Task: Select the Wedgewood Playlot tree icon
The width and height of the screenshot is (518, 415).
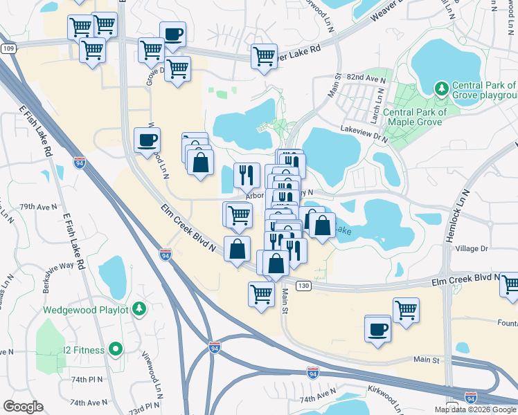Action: tap(140, 308)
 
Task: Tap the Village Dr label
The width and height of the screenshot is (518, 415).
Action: tap(472, 248)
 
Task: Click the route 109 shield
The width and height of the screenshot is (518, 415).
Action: tap(8, 48)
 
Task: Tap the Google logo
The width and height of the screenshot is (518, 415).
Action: tap(24, 407)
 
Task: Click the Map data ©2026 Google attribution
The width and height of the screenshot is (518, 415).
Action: tap(476, 409)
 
